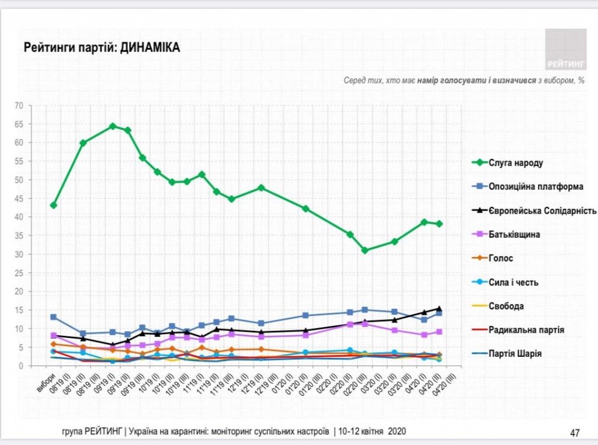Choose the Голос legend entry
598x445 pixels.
pos(501,258)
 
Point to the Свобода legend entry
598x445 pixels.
pos(506,306)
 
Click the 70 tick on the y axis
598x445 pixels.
pos(19,106)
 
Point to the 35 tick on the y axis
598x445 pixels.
pos(19,236)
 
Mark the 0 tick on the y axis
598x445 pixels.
pos(20,366)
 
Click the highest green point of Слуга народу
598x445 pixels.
pos(113,126)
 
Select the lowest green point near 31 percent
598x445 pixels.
pos(365,251)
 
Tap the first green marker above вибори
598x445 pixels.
pos(54,205)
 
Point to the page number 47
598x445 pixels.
pos(575,433)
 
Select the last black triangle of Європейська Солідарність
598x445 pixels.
pos(439,308)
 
